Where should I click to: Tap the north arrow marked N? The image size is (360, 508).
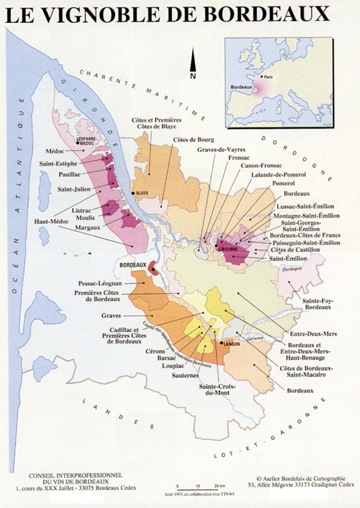[193, 67]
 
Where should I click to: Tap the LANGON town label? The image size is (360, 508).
[231, 344]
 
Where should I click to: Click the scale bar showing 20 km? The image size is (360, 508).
[198, 484]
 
